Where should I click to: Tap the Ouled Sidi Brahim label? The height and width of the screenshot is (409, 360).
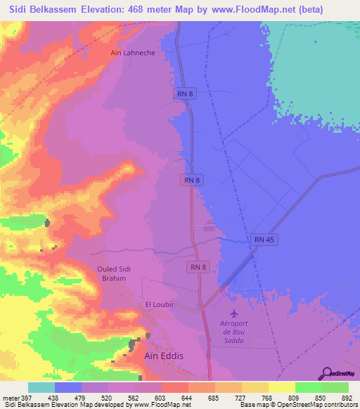[x=111, y=273]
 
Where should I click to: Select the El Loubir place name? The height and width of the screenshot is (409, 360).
[x=159, y=304]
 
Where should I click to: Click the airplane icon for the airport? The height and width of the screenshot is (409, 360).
[x=234, y=313]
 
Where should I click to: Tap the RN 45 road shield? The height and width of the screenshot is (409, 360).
[x=264, y=240]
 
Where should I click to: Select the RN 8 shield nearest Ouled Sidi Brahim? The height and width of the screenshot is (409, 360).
[x=198, y=267]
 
